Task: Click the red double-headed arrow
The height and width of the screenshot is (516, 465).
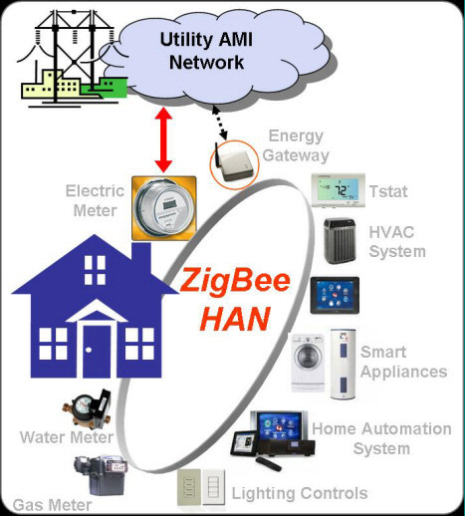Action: (163, 139)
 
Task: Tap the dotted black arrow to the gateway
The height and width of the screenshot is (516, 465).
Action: (220, 123)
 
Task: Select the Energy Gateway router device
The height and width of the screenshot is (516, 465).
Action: (235, 163)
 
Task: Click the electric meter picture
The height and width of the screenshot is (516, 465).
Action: (164, 208)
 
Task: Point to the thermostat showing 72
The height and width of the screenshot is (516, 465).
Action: (339, 190)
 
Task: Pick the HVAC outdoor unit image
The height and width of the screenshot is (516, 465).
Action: (340, 241)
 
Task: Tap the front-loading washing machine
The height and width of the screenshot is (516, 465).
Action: (308, 363)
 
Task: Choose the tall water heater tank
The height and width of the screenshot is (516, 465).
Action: (344, 364)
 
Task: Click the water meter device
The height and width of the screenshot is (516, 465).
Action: (88, 408)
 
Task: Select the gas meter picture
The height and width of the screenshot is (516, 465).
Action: (100, 475)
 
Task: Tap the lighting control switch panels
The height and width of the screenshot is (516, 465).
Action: (201, 487)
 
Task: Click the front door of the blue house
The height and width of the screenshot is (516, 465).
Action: (97, 351)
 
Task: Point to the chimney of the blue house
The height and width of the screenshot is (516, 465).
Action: (141, 257)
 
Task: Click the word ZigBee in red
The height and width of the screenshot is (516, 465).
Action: (235, 281)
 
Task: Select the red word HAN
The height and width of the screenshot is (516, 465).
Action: (235, 319)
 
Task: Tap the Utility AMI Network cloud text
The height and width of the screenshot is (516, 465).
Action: (206, 51)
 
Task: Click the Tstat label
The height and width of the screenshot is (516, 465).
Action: (388, 191)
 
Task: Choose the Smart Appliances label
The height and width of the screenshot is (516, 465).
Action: (403, 362)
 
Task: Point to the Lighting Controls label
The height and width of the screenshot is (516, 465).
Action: (300, 493)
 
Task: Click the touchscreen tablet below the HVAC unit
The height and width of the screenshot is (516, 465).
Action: (335, 295)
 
